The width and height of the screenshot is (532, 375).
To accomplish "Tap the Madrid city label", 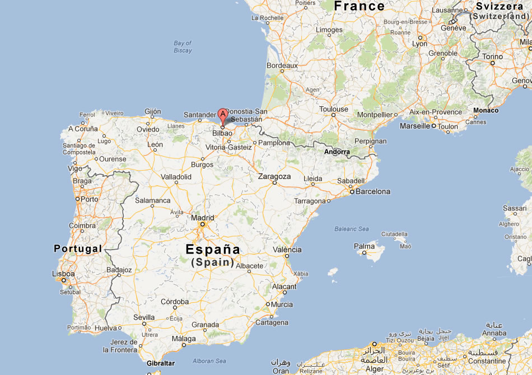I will coord(202,218).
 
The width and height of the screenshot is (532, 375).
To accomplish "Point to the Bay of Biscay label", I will coord(183,46).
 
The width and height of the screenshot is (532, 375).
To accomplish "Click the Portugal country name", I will coord(78,249).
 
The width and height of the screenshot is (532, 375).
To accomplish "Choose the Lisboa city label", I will coord(64,274).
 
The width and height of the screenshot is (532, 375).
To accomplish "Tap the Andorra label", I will coord(337,152).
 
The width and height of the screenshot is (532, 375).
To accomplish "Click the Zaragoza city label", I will coord(274,176).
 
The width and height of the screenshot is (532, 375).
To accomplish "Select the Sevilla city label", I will coord(144,317).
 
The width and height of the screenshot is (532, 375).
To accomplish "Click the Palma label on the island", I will coord(365,246).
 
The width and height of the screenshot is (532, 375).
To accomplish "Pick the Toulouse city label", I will coord(334,109).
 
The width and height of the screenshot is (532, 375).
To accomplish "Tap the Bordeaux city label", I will coord(282,65).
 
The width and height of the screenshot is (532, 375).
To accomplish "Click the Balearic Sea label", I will coord(352,228).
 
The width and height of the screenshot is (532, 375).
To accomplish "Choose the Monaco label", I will coord(486,110).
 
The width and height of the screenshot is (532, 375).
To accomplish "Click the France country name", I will coord(359,6).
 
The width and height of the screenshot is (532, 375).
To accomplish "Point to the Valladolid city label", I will coord(177,176).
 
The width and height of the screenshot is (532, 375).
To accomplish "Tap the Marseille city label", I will coord(415,126).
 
